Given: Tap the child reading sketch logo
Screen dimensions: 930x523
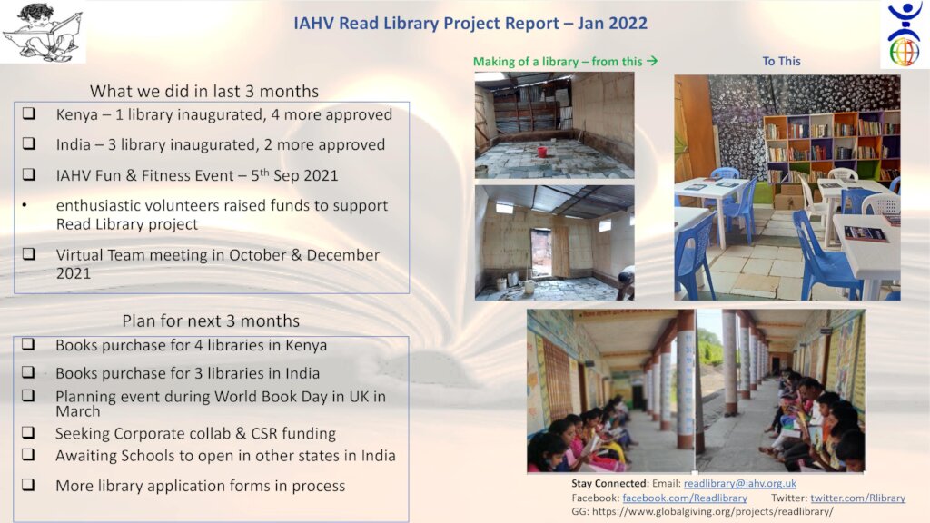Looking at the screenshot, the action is click(x=43, y=32).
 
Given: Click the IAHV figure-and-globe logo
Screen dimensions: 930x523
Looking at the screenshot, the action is click(x=904, y=34).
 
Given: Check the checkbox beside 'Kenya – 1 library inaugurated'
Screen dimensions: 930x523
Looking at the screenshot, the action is click(x=28, y=113).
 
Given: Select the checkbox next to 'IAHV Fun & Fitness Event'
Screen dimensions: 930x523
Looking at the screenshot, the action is click(x=28, y=174).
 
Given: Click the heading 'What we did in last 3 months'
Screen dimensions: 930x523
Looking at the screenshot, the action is click(x=204, y=92).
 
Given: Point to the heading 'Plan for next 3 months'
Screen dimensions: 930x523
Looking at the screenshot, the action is click(x=211, y=321).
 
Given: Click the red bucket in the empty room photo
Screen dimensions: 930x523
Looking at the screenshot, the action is click(x=541, y=152).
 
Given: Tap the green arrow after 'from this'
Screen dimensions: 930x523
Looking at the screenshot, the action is click(x=652, y=61).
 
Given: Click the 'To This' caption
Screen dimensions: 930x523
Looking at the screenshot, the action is click(x=781, y=61).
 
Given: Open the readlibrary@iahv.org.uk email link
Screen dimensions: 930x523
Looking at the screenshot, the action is click(x=739, y=483).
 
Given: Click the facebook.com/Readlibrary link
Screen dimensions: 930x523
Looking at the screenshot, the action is click(x=685, y=498).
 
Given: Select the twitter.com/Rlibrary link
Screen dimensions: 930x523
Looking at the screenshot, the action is click(x=857, y=498).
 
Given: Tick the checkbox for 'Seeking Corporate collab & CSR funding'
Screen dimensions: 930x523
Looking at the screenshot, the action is click(x=28, y=432).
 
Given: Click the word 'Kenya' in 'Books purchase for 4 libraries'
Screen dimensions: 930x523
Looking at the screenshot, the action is click(x=305, y=345).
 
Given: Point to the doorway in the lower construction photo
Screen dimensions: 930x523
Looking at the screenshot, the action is click(x=540, y=253).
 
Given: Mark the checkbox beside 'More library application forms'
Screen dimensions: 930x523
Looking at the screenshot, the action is click(x=28, y=485).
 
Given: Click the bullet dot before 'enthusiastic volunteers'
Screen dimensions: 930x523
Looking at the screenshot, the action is click(x=25, y=206).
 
